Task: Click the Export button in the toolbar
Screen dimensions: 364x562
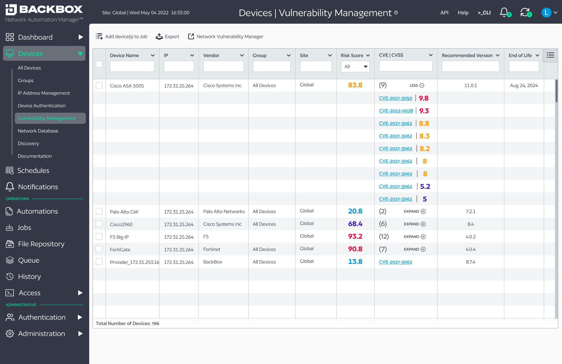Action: (x=167, y=37)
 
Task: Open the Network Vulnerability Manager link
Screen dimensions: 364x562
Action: (x=226, y=37)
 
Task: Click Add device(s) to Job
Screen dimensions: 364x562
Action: (x=121, y=37)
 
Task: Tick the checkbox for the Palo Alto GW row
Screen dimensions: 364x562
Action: (x=99, y=212)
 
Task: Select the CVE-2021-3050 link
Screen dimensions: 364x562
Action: (x=395, y=98)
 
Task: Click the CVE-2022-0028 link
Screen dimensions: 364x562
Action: (x=396, y=111)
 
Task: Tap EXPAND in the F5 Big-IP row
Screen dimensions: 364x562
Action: (x=414, y=237)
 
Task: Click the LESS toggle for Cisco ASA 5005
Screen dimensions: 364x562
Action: (x=417, y=86)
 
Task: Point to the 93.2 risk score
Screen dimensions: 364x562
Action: (x=355, y=236)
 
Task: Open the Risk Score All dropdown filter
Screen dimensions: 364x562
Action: (x=355, y=67)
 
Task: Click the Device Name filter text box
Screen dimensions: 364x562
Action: (x=132, y=67)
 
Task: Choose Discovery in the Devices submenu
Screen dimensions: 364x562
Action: (x=28, y=143)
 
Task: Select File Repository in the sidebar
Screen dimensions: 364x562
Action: (x=41, y=244)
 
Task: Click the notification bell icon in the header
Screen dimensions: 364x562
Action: (x=504, y=12)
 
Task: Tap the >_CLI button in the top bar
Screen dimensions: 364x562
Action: (x=484, y=13)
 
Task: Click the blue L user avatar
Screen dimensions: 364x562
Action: (x=546, y=13)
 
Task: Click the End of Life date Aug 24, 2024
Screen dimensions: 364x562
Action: (x=524, y=86)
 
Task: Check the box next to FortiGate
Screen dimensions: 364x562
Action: (x=99, y=249)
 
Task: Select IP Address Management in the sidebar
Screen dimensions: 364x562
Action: (x=44, y=93)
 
